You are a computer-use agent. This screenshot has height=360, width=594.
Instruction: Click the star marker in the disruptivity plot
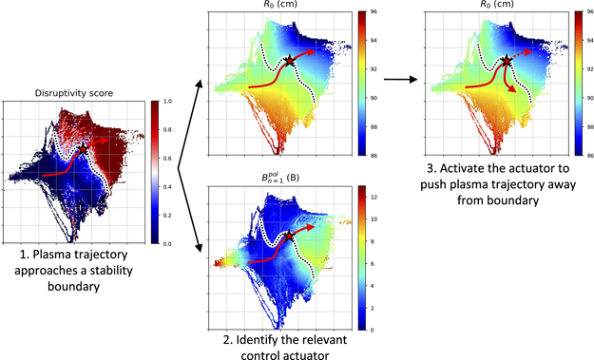point(83,148)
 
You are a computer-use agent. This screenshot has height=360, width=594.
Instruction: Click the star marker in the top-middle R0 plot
point(289,61)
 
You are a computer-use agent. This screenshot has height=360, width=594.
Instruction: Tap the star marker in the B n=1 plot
point(289,235)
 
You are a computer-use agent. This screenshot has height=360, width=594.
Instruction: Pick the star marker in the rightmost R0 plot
point(507,60)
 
